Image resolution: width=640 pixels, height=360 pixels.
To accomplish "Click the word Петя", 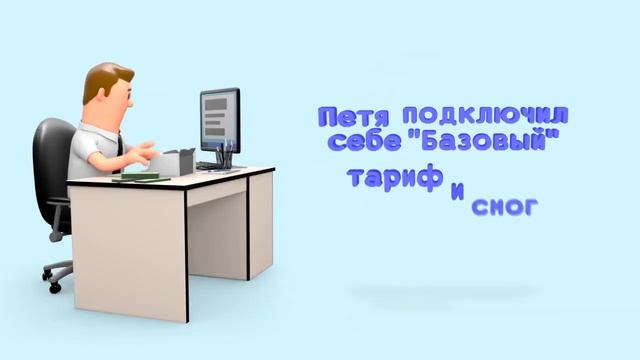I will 353,118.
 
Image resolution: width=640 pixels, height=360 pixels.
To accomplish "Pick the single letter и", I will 457,192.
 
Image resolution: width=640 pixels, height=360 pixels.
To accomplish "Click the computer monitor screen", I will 220,119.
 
